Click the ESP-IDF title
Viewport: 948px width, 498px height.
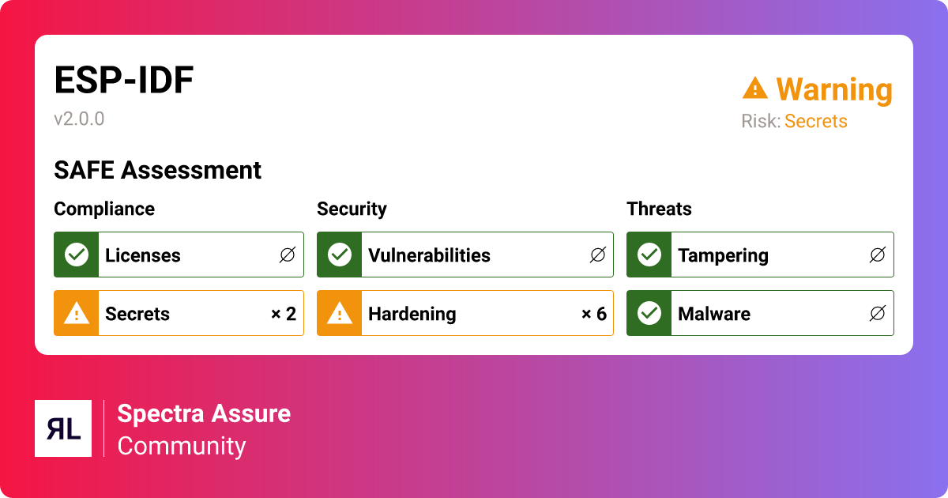[x=123, y=80]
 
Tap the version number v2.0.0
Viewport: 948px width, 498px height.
[x=79, y=119]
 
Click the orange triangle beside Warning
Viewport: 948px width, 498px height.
[x=755, y=88]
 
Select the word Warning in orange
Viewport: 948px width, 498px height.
[x=834, y=89]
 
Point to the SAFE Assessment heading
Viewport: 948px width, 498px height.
[x=157, y=170]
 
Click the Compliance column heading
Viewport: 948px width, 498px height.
[x=104, y=209]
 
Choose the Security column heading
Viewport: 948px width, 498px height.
[x=352, y=209]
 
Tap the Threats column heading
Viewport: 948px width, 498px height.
[x=659, y=209]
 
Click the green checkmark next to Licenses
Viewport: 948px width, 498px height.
[x=77, y=255]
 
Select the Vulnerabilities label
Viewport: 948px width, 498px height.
[x=429, y=255]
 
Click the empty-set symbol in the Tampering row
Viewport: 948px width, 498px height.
[x=878, y=255]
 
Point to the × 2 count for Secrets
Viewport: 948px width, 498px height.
[x=284, y=314]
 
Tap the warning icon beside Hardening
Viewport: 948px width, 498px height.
[x=340, y=314]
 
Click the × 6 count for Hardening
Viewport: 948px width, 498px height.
[x=594, y=314]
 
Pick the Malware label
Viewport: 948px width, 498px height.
[x=714, y=314]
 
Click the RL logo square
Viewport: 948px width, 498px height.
[x=63, y=428]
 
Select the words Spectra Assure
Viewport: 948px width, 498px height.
[x=204, y=413]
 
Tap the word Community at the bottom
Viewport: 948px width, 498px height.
[x=182, y=447]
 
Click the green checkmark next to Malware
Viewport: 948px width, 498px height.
[x=649, y=313]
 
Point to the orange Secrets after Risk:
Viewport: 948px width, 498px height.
[x=815, y=121]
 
